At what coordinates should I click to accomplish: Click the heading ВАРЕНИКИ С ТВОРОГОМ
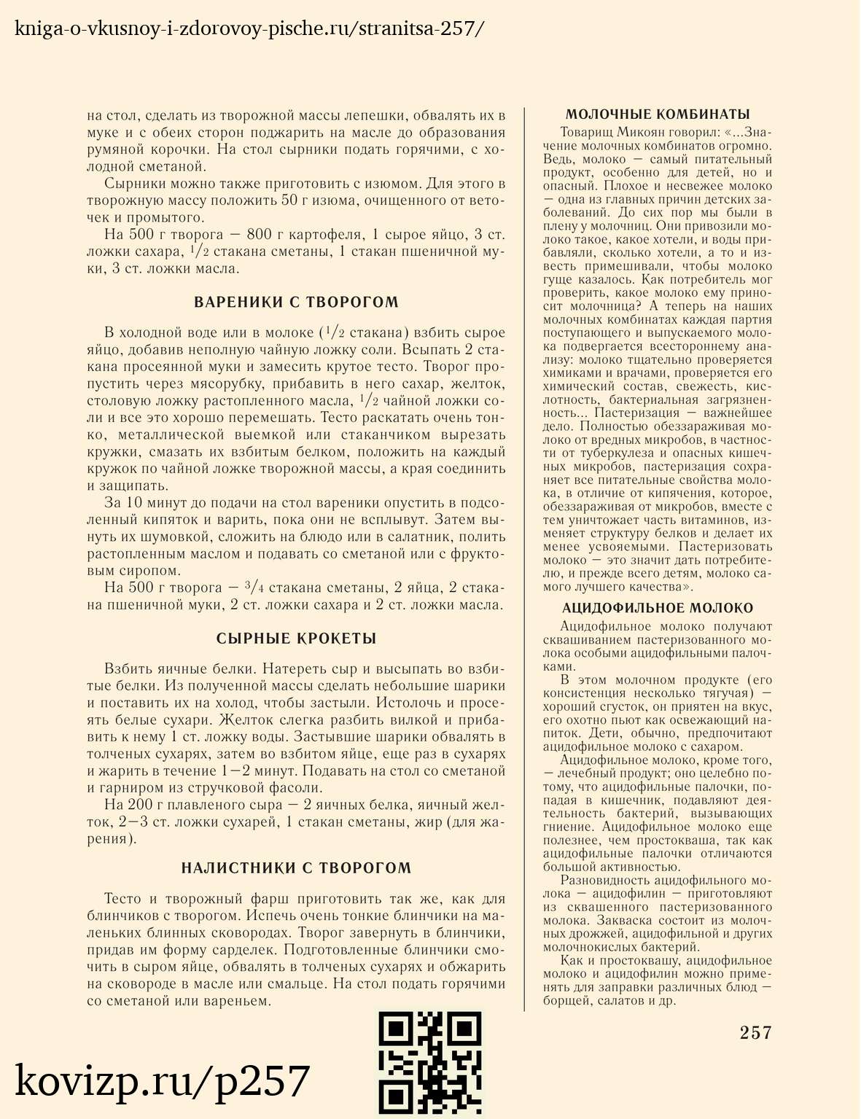coord(296,303)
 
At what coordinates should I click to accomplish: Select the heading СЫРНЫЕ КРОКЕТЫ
coord(296,639)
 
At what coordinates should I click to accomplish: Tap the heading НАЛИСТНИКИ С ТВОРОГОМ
coord(296,868)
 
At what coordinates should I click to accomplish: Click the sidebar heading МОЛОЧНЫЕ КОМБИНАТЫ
coord(658,114)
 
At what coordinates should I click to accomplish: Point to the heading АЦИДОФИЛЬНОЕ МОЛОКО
coord(658,608)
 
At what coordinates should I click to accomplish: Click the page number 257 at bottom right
coord(755,1032)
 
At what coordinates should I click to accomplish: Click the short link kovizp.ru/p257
coord(163,1081)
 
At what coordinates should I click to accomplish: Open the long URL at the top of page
coord(249,29)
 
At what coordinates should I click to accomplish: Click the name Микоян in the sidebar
coord(642,133)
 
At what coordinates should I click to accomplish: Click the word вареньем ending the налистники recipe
coord(243,1001)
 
